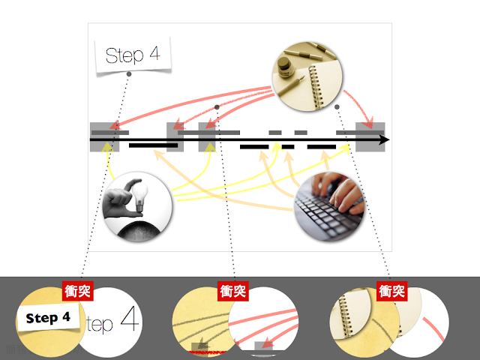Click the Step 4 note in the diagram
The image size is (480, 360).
[x=133, y=55]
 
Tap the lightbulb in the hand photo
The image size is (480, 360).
[x=139, y=196]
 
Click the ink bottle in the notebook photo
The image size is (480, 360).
[x=284, y=66]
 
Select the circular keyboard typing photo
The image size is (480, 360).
[x=329, y=207]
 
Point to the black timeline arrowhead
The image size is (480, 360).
[x=384, y=140]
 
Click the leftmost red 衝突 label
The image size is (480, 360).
[x=78, y=291]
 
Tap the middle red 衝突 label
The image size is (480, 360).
[x=233, y=291]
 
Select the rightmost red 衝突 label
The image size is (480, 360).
[x=391, y=291]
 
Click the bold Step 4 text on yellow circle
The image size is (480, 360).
[x=48, y=318]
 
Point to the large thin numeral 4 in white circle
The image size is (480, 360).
[x=130, y=318]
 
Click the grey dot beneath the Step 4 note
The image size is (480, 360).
[x=129, y=74]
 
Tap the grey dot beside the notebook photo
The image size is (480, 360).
[x=337, y=106]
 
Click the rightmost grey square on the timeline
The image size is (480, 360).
[x=370, y=136]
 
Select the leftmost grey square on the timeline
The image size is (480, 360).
[x=104, y=136]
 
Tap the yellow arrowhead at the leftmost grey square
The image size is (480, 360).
[x=106, y=146]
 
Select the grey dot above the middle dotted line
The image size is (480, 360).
[x=217, y=106]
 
